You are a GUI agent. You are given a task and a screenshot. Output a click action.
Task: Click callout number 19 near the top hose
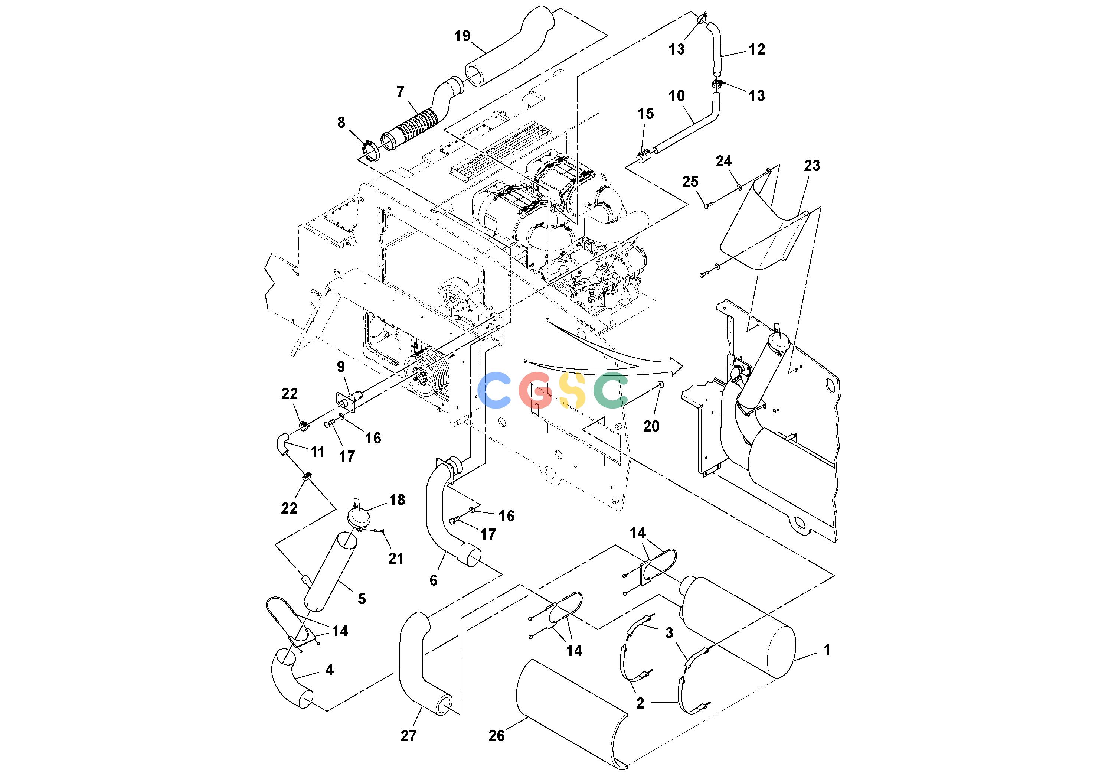click(x=462, y=36)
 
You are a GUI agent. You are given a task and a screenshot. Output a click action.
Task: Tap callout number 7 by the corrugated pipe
click(x=401, y=91)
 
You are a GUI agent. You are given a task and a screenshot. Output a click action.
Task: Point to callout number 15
click(x=646, y=114)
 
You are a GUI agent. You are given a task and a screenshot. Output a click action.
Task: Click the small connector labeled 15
click(x=644, y=156)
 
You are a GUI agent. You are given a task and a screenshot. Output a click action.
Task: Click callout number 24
click(x=723, y=161)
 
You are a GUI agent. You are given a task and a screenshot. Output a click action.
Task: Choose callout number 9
click(x=341, y=367)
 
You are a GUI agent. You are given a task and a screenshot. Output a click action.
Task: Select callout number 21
click(x=396, y=559)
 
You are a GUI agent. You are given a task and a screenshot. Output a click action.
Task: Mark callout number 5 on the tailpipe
click(x=362, y=599)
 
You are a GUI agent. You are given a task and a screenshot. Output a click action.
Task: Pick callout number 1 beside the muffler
click(x=827, y=650)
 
